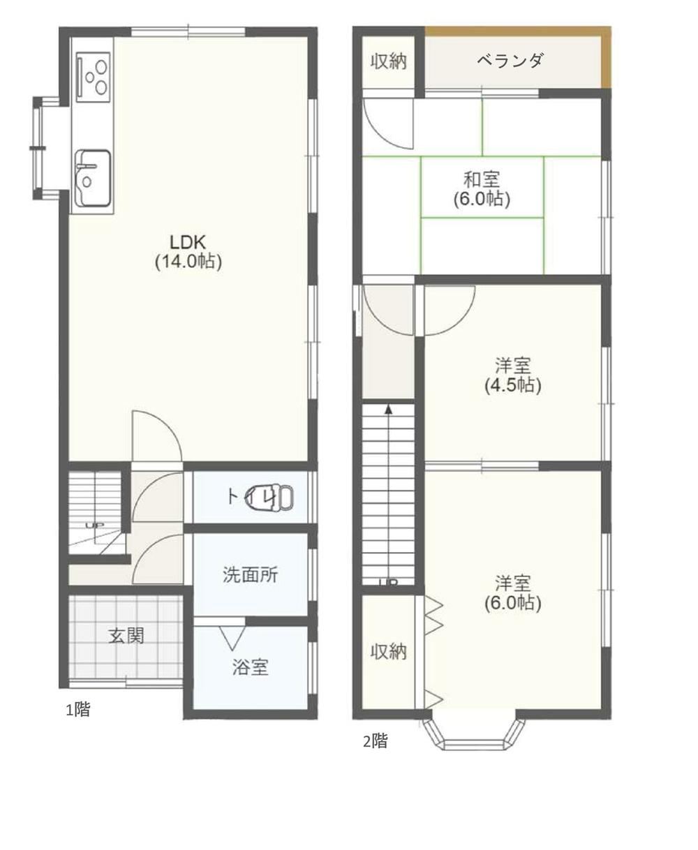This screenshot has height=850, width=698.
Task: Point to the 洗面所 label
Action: (250, 575)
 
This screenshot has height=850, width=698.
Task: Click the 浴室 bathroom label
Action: (250, 667)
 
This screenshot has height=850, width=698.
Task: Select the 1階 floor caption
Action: (77, 710)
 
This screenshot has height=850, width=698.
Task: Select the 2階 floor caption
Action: (375, 740)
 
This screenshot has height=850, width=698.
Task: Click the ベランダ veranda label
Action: (510, 61)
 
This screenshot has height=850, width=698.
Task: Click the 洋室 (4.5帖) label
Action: (513, 374)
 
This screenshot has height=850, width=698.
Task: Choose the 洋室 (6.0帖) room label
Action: (513, 592)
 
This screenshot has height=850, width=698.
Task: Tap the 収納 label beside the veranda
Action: (387, 61)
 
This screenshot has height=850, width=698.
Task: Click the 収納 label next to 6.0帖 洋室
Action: (387, 652)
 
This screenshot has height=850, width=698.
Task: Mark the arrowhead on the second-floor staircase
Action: (388, 409)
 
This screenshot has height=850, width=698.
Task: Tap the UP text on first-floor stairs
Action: (91, 525)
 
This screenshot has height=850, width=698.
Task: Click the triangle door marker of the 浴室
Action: (231, 636)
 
